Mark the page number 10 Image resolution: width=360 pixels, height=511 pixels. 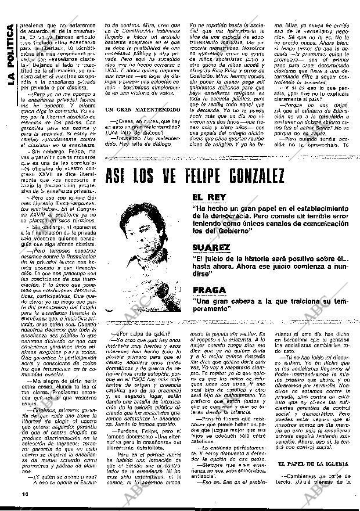pos(12,493)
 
